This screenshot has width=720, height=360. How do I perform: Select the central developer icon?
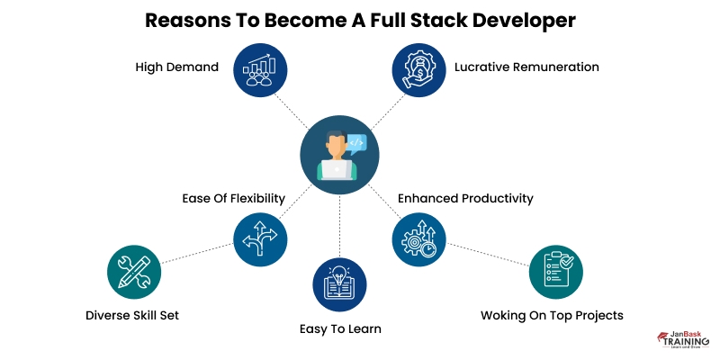coord(338,154)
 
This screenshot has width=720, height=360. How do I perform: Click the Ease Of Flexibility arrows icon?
coord(261,238)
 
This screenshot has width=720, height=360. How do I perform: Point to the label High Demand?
coord(177,67)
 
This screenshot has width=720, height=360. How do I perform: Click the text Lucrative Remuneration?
coord(526,67)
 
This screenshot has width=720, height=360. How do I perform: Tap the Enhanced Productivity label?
coord(465,198)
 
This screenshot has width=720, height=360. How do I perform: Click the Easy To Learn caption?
coord(340,329)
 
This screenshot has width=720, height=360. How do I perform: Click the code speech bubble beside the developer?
coord(356,141)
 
